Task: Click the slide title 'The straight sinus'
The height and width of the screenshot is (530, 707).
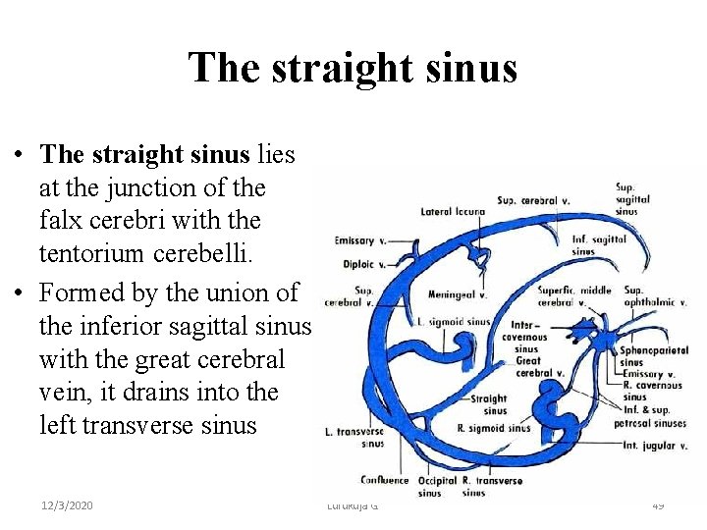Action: [353, 68]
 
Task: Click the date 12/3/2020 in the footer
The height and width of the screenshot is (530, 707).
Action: [68, 504]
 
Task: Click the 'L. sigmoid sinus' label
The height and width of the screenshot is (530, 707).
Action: [454, 322]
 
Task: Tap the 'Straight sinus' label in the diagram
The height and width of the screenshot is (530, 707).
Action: [488, 405]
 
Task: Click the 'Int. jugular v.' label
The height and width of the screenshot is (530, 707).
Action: [654, 446]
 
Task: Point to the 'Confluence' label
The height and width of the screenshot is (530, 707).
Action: [384, 480]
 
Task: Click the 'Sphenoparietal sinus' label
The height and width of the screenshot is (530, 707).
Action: [653, 356]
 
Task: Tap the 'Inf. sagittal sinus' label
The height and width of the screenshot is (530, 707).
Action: [595, 244]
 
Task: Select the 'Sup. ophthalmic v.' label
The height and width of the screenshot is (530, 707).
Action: [653, 296]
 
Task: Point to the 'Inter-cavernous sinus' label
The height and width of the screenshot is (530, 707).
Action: [526, 336]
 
